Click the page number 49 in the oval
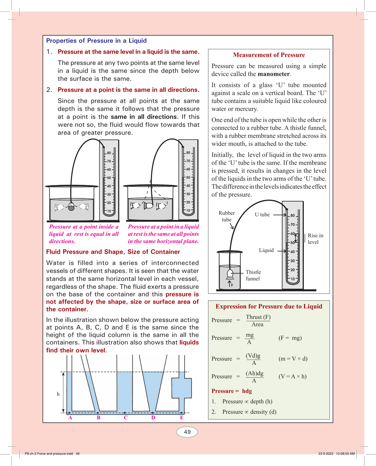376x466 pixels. (x=187, y=432)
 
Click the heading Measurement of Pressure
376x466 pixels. (x=269, y=55)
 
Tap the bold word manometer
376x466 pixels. (x=274, y=74)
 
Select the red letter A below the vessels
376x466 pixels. (x=70, y=418)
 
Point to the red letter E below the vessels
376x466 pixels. (x=182, y=418)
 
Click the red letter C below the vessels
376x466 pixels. (x=126, y=418)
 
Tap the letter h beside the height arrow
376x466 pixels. (x=58, y=394)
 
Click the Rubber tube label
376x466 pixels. (x=227, y=216)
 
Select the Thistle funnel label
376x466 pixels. (x=253, y=275)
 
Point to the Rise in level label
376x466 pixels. (x=315, y=239)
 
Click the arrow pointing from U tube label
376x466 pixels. (x=280, y=215)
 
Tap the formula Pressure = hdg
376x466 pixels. (x=232, y=391)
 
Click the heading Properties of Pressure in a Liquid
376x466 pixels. (x=96, y=41)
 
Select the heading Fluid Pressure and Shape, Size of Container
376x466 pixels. (x=113, y=252)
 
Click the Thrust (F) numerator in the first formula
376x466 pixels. (x=258, y=317)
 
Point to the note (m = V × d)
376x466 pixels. (x=293, y=359)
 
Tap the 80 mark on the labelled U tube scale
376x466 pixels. (x=293, y=215)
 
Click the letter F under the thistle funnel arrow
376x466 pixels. (x=232, y=285)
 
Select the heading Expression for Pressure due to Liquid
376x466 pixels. (x=269, y=306)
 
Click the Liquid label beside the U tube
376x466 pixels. (x=266, y=250)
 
